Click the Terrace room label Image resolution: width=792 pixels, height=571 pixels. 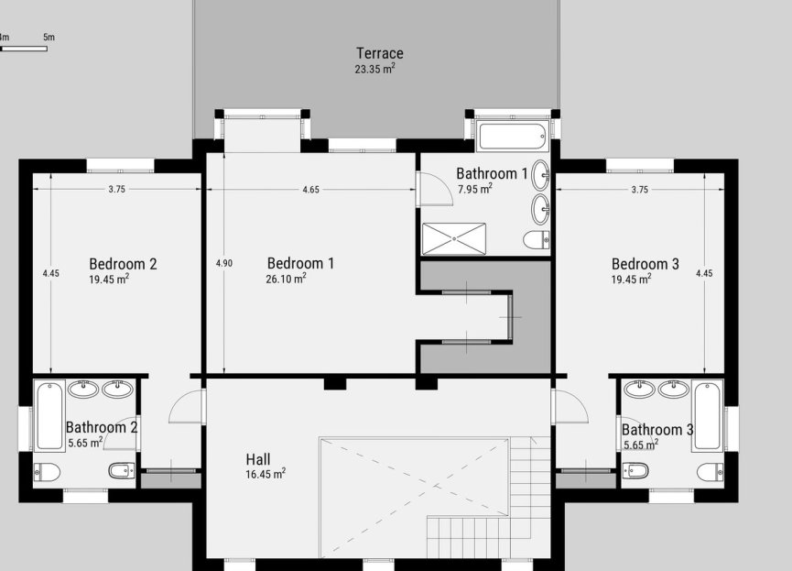[x=379, y=53]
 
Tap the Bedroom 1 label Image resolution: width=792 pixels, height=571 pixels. [x=299, y=263]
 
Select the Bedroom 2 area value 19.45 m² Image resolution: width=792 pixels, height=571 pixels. [x=108, y=280]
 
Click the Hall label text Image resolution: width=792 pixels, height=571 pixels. [x=257, y=459]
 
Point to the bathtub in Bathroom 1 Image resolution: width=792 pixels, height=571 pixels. [x=513, y=137]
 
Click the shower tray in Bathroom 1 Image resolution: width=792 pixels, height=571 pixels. [x=454, y=237]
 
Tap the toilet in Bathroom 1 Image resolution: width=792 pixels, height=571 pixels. [x=536, y=240]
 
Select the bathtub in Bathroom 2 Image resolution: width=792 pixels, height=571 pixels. [x=49, y=416]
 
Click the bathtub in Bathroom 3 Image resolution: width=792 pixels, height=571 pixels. [x=708, y=415]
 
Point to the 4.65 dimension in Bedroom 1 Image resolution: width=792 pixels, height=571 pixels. [x=311, y=190]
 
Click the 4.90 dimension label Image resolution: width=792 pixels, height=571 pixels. [x=223, y=263]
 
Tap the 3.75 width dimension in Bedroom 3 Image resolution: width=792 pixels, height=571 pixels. [x=639, y=190]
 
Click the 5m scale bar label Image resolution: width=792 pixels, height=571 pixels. [x=49, y=38]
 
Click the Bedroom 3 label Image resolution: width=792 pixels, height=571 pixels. [x=645, y=264]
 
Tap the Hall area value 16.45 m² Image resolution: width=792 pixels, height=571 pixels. [x=265, y=475]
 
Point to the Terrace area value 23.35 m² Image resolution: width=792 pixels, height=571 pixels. [x=374, y=69]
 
